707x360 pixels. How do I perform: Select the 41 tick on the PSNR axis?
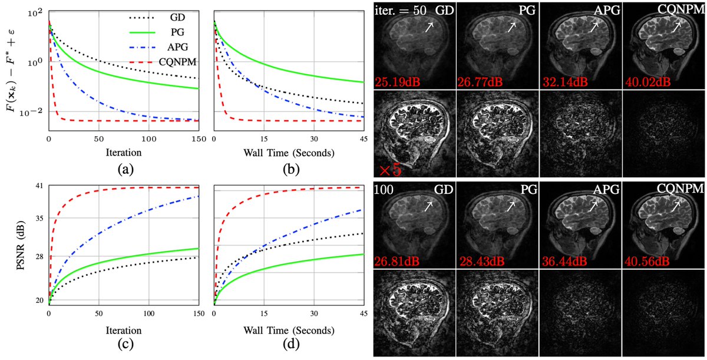click(x=40, y=186)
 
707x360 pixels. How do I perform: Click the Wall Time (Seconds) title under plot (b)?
click(x=288, y=153)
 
